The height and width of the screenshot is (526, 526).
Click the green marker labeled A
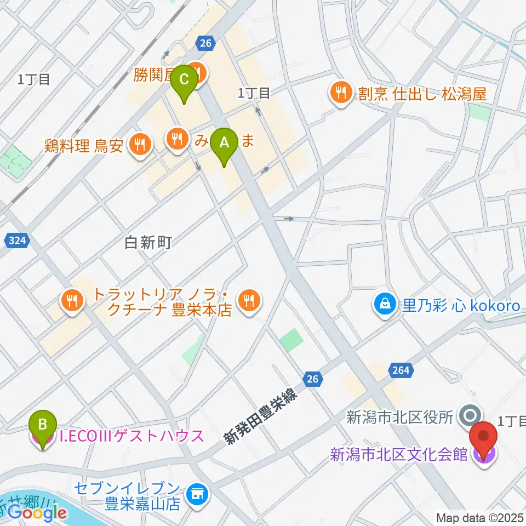click(224, 144)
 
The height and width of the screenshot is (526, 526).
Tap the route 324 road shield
click(17, 239)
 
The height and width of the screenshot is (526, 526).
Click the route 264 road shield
click(401, 371)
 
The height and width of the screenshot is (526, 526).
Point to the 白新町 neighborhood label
click(149, 243)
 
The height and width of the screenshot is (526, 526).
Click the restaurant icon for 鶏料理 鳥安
click(137, 145)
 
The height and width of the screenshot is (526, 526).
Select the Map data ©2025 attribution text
click(480, 517)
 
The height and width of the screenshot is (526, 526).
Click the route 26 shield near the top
click(205, 43)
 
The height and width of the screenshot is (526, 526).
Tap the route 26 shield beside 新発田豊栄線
click(312, 379)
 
